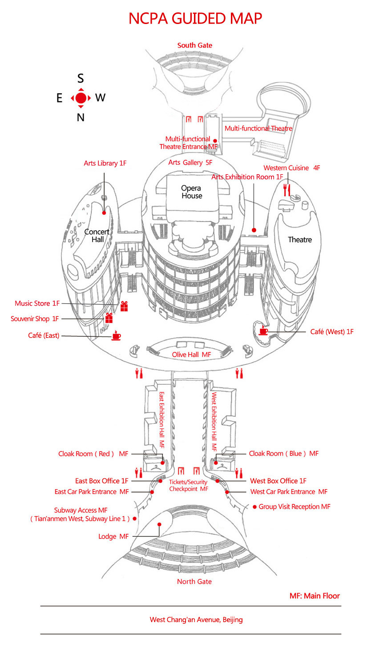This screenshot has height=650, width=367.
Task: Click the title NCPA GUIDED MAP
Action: (x=195, y=19)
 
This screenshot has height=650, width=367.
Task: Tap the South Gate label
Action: (x=195, y=45)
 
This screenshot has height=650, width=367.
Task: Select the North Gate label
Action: (x=194, y=582)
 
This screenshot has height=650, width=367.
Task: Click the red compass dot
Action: (x=81, y=98)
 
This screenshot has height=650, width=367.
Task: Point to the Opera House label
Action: (x=192, y=192)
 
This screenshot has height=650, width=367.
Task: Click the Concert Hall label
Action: (x=97, y=235)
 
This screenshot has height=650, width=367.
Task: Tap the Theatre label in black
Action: (x=300, y=240)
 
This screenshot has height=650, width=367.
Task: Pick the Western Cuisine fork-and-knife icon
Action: (x=287, y=190)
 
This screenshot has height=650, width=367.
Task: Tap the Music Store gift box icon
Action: (x=124, y=306)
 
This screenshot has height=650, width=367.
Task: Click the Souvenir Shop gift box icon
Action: (x=109, y=318)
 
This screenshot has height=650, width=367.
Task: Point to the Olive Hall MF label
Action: (x=192, y=355)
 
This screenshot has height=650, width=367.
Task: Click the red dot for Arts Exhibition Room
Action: (x=254, y=230)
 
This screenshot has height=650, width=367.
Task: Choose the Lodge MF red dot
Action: (x=158, y=524)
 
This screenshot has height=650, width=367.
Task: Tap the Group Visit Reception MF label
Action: (x=294, y=506)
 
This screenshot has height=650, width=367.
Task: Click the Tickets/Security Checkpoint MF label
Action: (x=189, y=485)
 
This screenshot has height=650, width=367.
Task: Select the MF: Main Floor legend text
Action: (x=315, y=596)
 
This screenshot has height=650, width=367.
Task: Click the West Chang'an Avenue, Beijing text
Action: (x=196, y=619)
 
